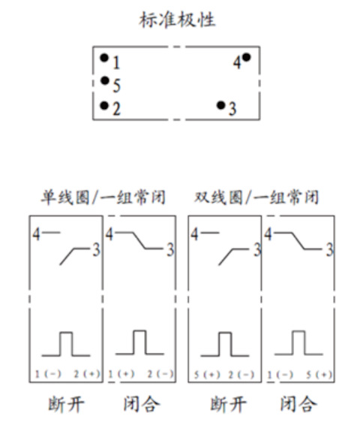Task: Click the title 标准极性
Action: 177,20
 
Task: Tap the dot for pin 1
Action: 104,58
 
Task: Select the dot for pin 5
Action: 104,80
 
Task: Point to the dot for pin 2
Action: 104,105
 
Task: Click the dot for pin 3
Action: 220,105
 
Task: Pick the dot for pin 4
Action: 246,57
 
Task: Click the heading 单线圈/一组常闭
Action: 103,197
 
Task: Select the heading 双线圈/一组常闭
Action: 256,197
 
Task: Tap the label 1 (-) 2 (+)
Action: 67,374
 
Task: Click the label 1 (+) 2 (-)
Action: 141,374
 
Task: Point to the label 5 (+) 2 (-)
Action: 224,375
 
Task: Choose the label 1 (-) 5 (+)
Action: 300,375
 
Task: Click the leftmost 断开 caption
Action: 66,404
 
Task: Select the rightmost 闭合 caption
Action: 298,404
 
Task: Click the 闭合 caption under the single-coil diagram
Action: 142,404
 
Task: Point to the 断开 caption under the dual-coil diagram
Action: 228,404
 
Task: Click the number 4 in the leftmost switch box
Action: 36,234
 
